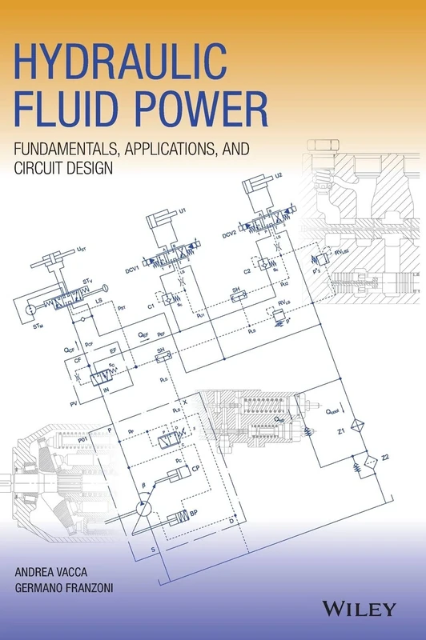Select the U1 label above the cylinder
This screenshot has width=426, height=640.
click(x=183, y=210)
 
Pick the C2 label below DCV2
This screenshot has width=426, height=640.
click(x=247, y=270)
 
